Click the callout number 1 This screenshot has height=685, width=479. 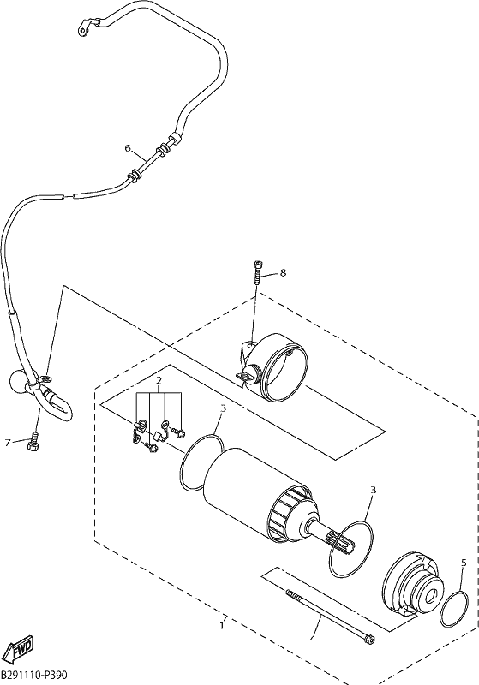[223, 626]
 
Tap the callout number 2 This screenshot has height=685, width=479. [159, 379]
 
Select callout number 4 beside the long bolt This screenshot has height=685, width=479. [312, 640]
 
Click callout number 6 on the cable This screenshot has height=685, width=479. [128, 148]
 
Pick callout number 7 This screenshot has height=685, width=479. [8, 443]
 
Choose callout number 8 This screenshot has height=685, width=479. [283, 273]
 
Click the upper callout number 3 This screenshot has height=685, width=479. [223, 408]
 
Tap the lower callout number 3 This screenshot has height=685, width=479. [374, 490]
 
